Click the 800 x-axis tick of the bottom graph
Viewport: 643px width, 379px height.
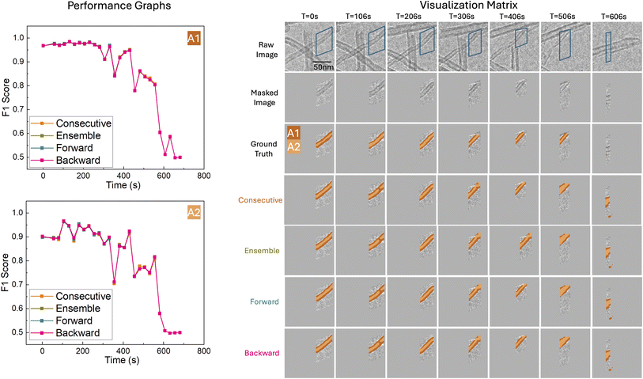(203, 351)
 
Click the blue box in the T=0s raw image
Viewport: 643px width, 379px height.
(323, 44)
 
